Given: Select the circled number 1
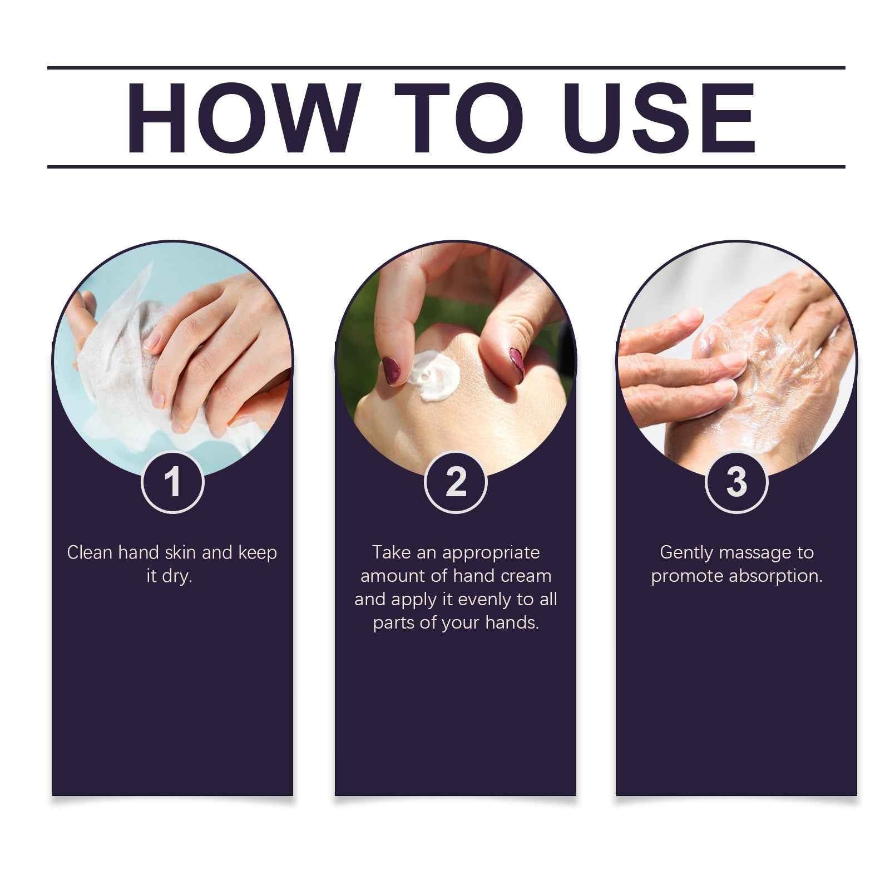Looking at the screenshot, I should coord(172,482).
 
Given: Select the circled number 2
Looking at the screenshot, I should coord(456,482).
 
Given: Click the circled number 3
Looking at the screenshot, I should coord(736,482).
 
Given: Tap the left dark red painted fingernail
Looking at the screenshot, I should coord(392,371).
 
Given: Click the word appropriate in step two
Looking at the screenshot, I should coord(491,553).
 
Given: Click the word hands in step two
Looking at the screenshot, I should coord(511,623).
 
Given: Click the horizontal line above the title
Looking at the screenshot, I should coord(445,68).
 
